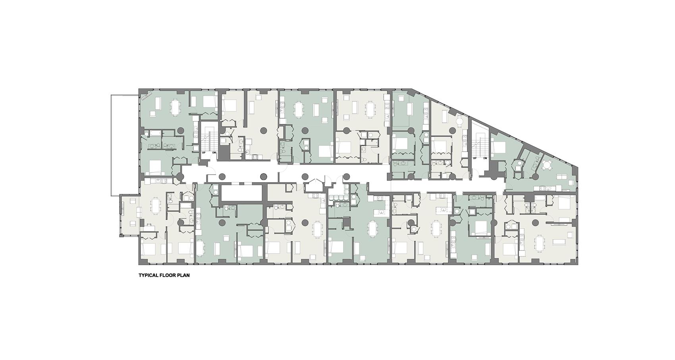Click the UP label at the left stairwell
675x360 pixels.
click(204, 152)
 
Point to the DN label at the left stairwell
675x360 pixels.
click(214, 152)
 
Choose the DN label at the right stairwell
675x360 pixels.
click(485, 158)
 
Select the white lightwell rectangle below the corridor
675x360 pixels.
click(241, 194)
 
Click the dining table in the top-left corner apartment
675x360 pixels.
click(175, 106)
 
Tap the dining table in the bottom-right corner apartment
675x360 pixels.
click(540, 243)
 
